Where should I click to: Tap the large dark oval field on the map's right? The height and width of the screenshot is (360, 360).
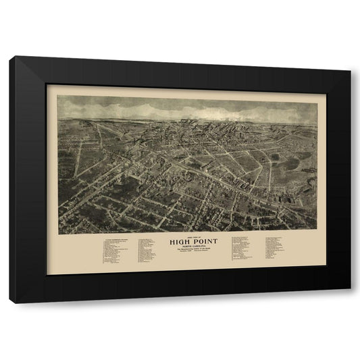(x=291, y=163)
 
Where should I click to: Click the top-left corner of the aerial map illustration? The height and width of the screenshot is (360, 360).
(x=58, y=95)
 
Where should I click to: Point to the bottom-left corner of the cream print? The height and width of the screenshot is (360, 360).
(x=47, y=274)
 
